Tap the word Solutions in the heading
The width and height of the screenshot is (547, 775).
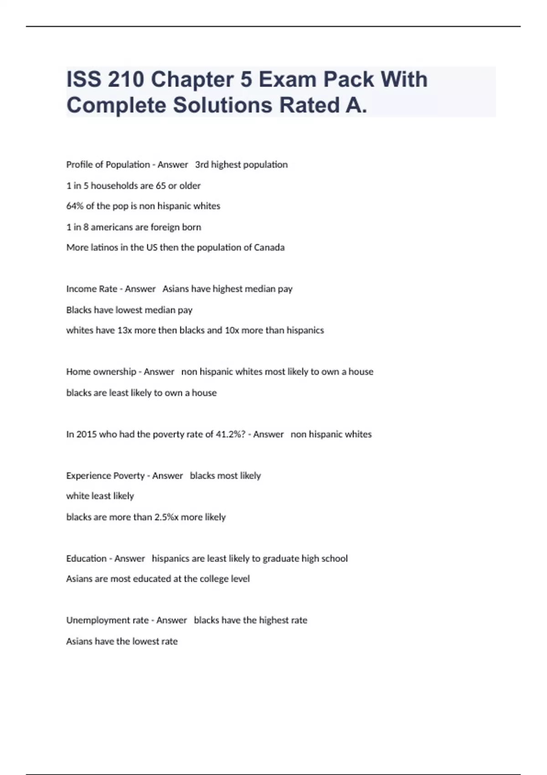click(x=223, y=105)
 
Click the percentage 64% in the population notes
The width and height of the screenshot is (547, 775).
click(x=74, y=206)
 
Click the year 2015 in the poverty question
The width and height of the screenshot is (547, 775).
click(x=86, y=434)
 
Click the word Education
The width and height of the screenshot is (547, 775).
click(x=86, y=558)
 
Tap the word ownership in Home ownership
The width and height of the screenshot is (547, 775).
click(x=114, y=372)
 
